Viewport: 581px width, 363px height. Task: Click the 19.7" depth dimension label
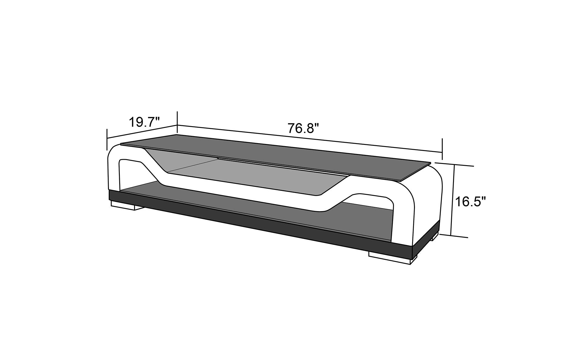[x=144, y=122]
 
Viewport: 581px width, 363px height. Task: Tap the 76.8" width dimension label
[x=303, y=128]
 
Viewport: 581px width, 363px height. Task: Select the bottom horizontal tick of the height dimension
[x=454, y=236]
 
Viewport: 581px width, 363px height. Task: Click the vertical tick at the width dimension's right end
[x=442, y=148]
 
